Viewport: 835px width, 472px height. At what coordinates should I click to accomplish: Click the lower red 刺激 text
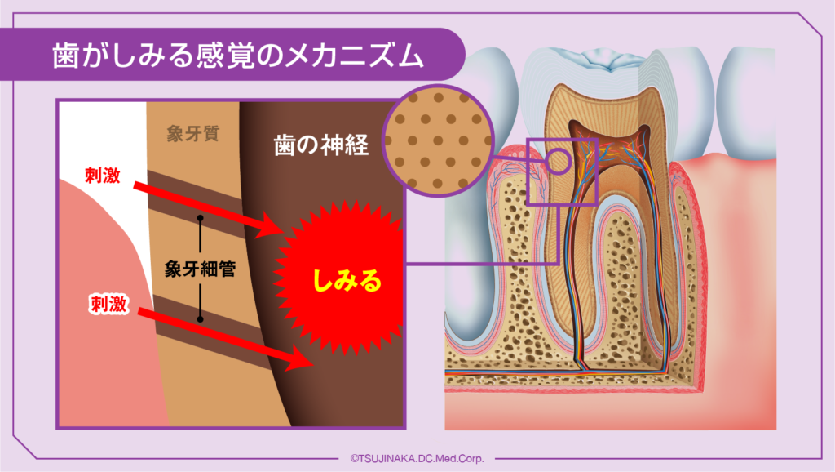107,305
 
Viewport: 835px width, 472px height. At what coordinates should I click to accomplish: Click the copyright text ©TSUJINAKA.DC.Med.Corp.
417,459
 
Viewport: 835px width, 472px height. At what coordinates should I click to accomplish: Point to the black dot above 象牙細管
200,220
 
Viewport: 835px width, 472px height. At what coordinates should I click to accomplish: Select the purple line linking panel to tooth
481,264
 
